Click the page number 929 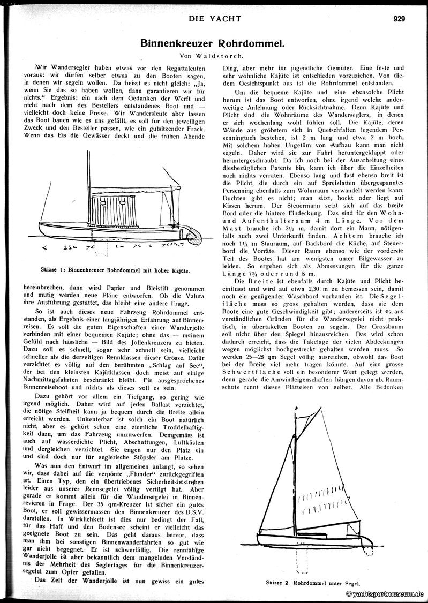coord(399,19)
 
